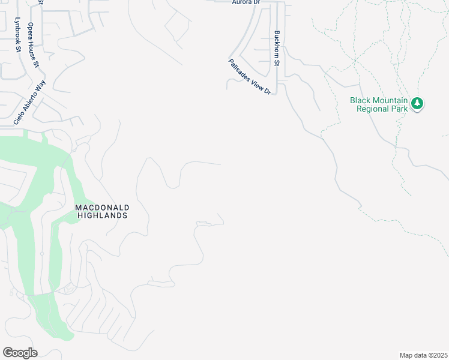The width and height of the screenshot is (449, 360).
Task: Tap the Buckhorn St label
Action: (277, 48)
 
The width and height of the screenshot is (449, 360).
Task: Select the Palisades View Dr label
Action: (250, 76)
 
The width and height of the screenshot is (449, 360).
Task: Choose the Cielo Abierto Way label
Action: (29, 103)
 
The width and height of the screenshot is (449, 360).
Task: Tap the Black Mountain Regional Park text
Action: (379, 104)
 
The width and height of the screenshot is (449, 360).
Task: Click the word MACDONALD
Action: (102, 208)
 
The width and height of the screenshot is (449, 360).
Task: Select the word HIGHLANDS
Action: (102, 215)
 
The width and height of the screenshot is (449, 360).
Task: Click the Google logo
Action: (20, 353)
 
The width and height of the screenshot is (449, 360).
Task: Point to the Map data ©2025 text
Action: (423, 355)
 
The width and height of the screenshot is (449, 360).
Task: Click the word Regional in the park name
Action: (373, 109)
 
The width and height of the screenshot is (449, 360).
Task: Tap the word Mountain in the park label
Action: (392, 100)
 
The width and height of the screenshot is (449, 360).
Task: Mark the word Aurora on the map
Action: (239, 2)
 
